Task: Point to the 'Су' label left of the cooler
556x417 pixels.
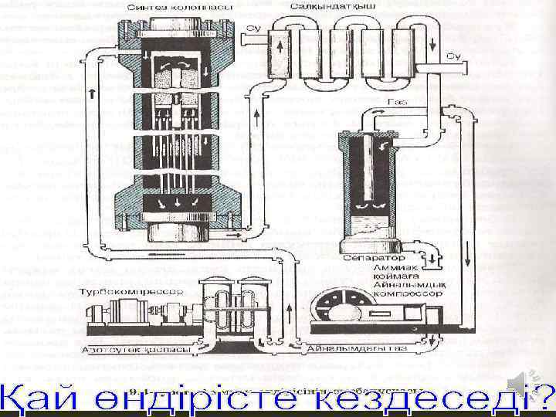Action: point(252,29)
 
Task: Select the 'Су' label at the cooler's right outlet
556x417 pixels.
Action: point(453,56)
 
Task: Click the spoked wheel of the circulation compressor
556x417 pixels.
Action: point(340,304)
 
